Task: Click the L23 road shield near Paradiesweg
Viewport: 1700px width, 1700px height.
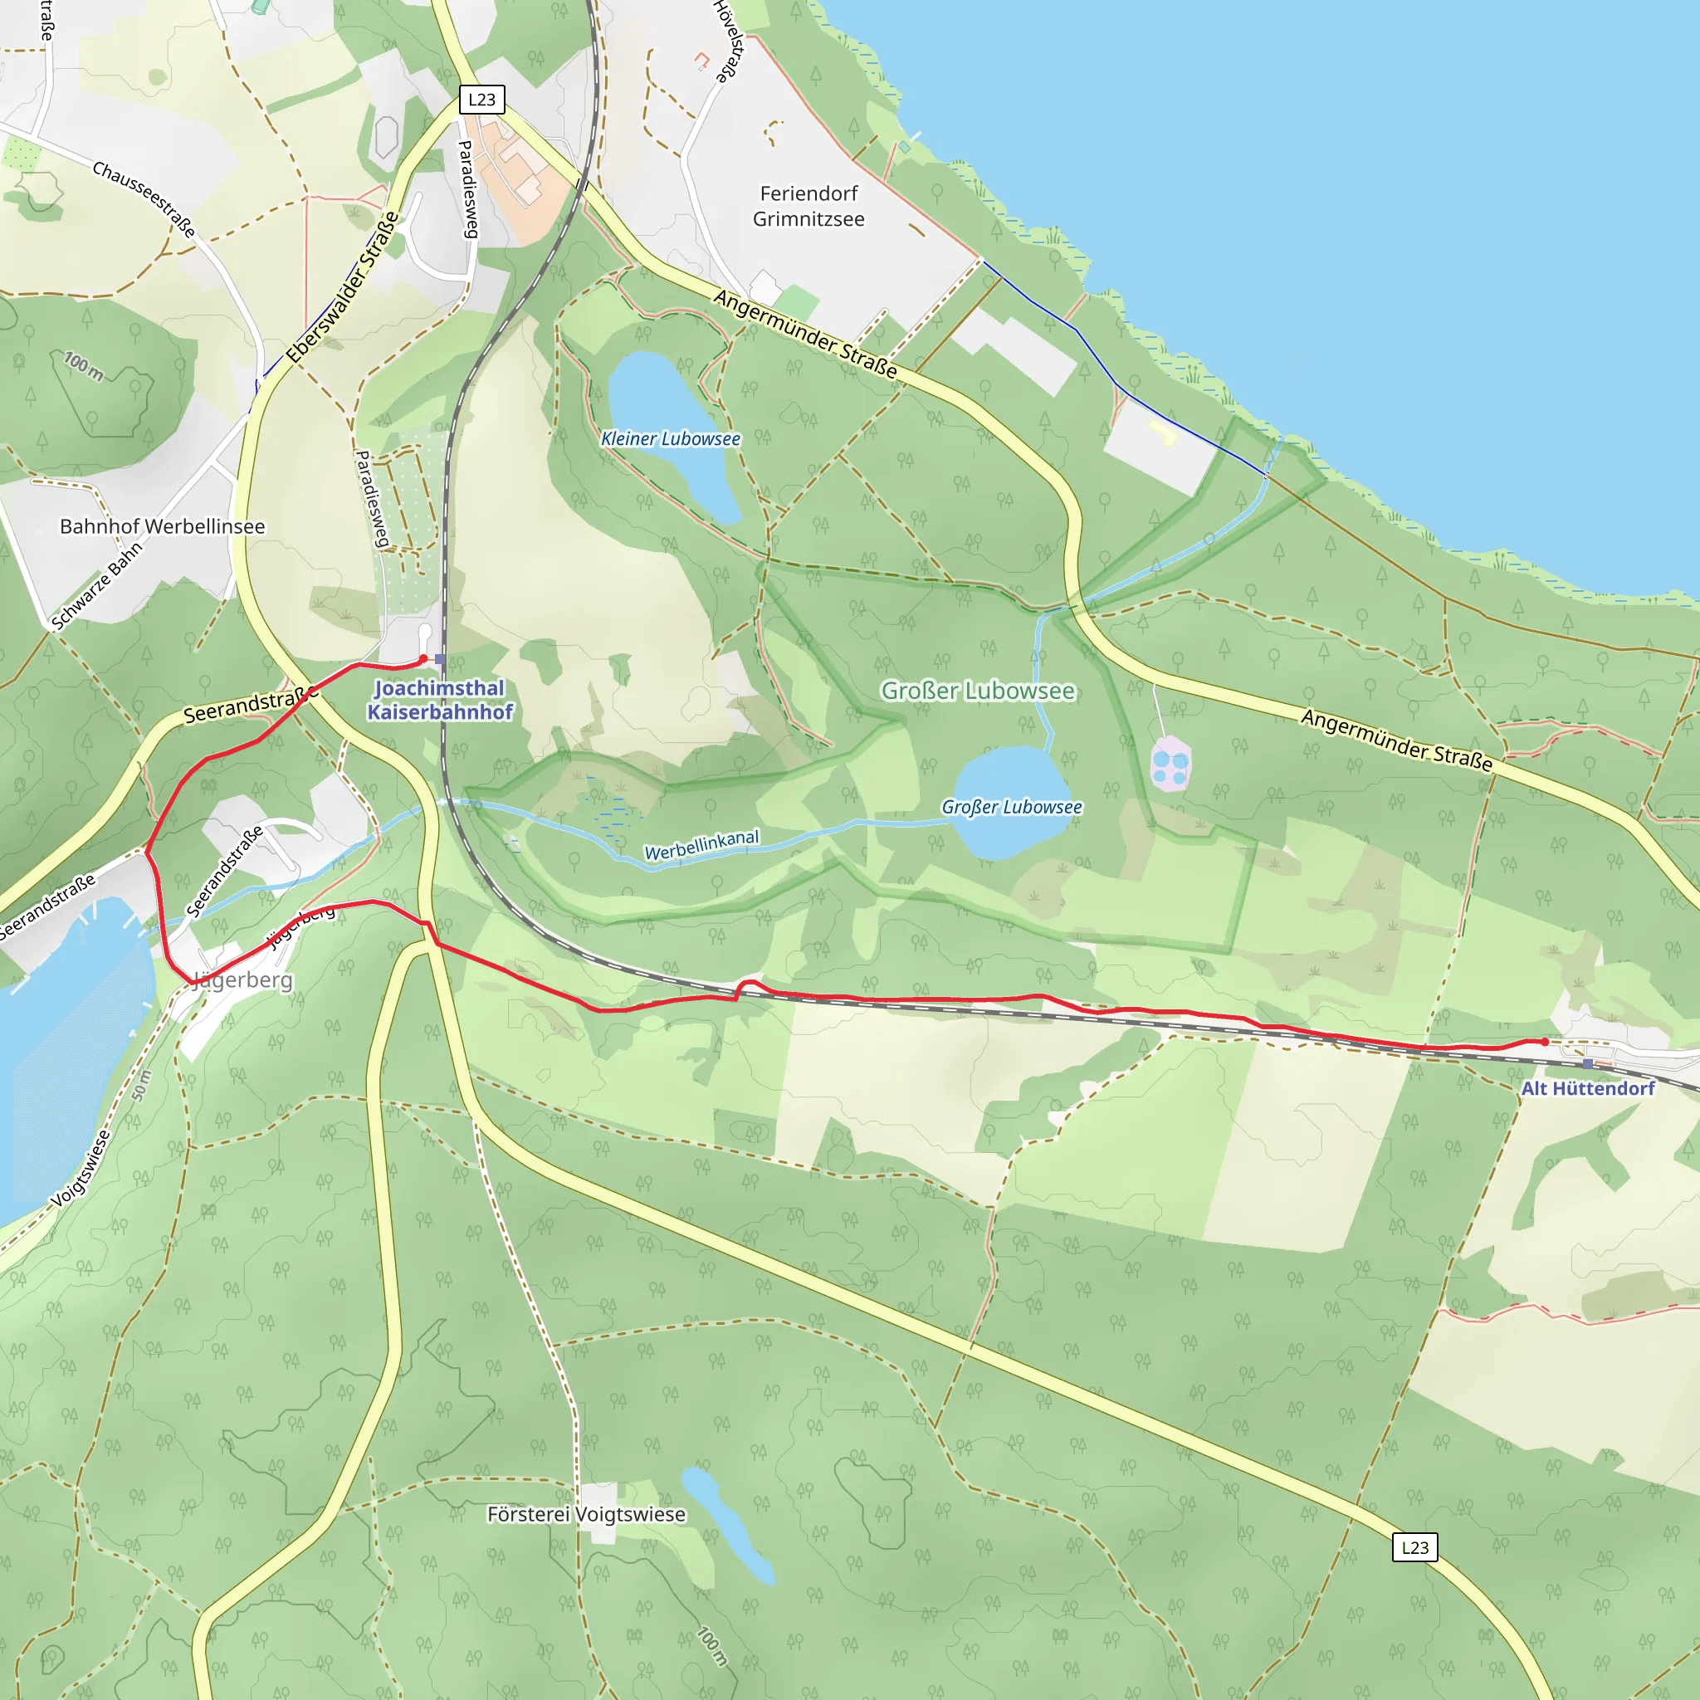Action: pos(481,100)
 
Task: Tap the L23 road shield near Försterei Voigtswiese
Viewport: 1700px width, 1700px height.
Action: pos(1414,1547)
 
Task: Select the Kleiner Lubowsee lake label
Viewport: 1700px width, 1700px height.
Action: pos(671,438)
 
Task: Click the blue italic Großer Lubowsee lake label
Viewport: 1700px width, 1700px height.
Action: pos(1012,807)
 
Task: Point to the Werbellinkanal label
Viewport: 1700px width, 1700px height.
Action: pos(701,845)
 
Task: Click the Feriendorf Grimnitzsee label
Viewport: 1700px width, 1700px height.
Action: pos(808,206)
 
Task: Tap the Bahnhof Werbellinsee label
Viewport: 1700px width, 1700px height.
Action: pos(162,526)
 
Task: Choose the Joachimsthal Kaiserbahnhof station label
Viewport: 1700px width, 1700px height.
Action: pos(440,700)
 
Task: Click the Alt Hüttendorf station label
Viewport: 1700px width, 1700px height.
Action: pos(1587,1088)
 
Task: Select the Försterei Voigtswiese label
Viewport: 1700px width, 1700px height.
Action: pos(586,1514)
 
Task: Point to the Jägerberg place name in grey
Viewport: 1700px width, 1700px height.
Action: pos(243,980)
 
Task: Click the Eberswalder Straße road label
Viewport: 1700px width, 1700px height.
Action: pos(343,287)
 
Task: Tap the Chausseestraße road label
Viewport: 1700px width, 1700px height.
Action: pos(144,199)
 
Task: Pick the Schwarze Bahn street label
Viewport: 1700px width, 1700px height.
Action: pos(97,586)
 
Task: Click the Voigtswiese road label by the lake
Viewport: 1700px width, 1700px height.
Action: pos(81,1169)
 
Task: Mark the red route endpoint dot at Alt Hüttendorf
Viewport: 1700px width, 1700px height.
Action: pos(1545,1042)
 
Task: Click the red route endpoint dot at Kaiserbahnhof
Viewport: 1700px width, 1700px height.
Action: pos(423,658)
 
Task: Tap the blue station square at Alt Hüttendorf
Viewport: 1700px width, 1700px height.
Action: pos(1587,1064)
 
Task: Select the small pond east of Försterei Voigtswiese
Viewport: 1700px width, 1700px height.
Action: pos(727,1525)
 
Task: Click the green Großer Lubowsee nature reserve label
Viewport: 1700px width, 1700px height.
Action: pos(978,691)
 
